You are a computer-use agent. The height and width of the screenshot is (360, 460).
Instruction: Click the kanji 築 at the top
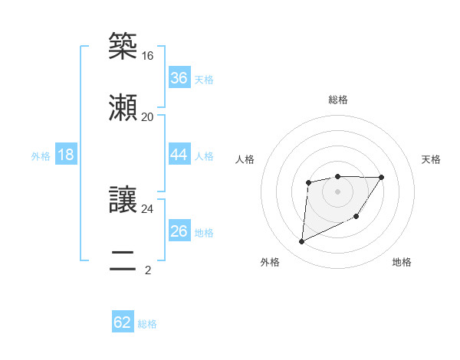click(123, 46)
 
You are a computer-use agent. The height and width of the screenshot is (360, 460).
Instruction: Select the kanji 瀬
click(123, 106)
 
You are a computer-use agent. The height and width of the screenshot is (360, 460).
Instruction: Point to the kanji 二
click(123, 259)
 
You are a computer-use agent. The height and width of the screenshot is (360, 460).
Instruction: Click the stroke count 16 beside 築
click(148, 56)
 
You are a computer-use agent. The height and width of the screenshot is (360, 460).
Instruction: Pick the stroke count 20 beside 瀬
click(148, 116)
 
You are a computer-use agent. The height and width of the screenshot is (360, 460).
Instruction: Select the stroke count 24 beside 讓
click(148, 208)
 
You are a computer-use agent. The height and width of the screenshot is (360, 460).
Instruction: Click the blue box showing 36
click(179, 78)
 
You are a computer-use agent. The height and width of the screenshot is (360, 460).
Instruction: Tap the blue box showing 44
click(179, 155)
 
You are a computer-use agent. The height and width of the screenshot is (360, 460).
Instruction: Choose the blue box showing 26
click(179, 231)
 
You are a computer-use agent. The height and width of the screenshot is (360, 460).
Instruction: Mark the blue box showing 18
click(66, 155)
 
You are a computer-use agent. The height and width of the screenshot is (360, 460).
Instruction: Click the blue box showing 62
click(123, 322)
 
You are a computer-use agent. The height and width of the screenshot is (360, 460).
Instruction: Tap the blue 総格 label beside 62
click(147, 324)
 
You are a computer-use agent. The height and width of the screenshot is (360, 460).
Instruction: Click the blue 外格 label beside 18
click(41, 156)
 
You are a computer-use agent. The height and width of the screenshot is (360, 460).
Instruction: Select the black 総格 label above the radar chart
click(338, 100)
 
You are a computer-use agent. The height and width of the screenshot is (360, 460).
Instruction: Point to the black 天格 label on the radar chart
click(431, 159)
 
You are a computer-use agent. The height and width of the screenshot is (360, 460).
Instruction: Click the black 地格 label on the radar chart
click(402, 262)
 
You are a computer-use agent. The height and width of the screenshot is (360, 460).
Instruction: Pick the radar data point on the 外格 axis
click(301, 242)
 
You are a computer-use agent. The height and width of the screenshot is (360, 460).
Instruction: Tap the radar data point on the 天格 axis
click(382, 177)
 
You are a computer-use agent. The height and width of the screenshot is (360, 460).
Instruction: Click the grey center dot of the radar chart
click(337, 191)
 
